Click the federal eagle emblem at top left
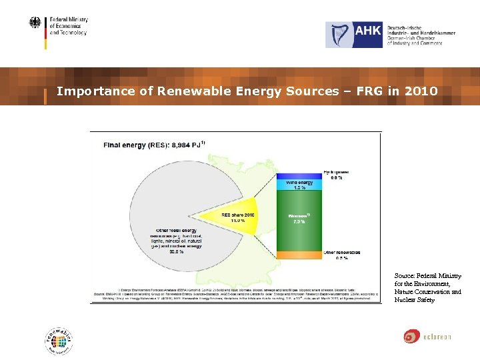(x=35, y=23)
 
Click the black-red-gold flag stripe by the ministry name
(x=45, y=33)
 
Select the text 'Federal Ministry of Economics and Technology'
(x=68, y=26)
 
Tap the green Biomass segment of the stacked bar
(x=297, y=220)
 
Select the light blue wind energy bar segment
(x=297, y=185)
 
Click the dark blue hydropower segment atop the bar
(x=297, y=176)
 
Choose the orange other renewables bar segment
(x=297, y=255)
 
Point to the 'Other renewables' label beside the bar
(x=341, y=253)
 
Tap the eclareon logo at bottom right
(x=427, y=336)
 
